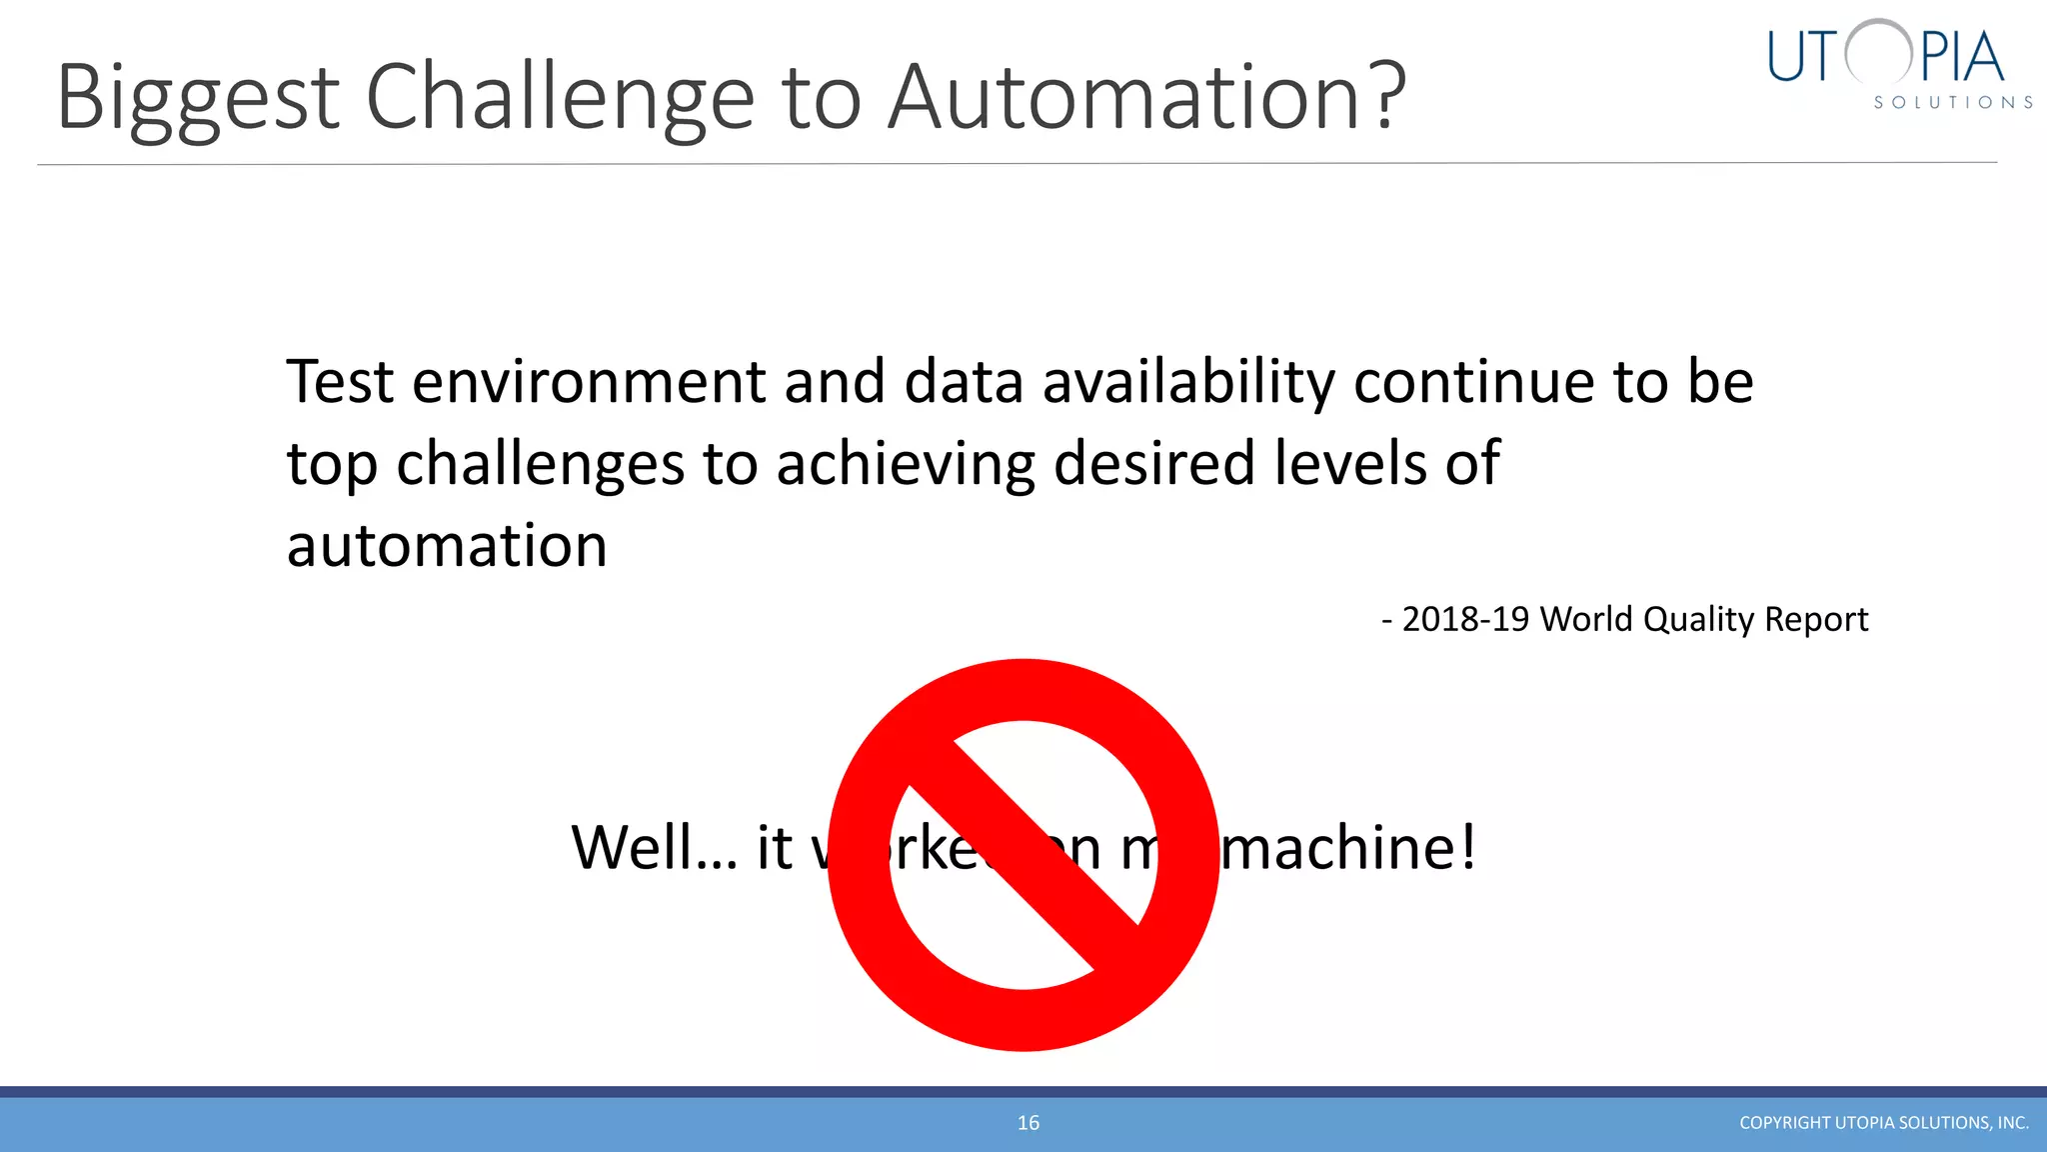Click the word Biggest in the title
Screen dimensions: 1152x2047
point(198,98)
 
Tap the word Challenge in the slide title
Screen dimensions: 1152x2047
point(560,98)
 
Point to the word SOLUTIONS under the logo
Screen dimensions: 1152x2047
point(1952,103)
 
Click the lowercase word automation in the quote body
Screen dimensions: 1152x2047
point(447,546)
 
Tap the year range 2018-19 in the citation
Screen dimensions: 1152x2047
point(1465,619)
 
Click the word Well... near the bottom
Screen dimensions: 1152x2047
point(654,847)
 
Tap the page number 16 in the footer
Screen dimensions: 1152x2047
point(1028,1123)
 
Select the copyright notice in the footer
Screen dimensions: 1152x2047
point(1883,1123)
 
